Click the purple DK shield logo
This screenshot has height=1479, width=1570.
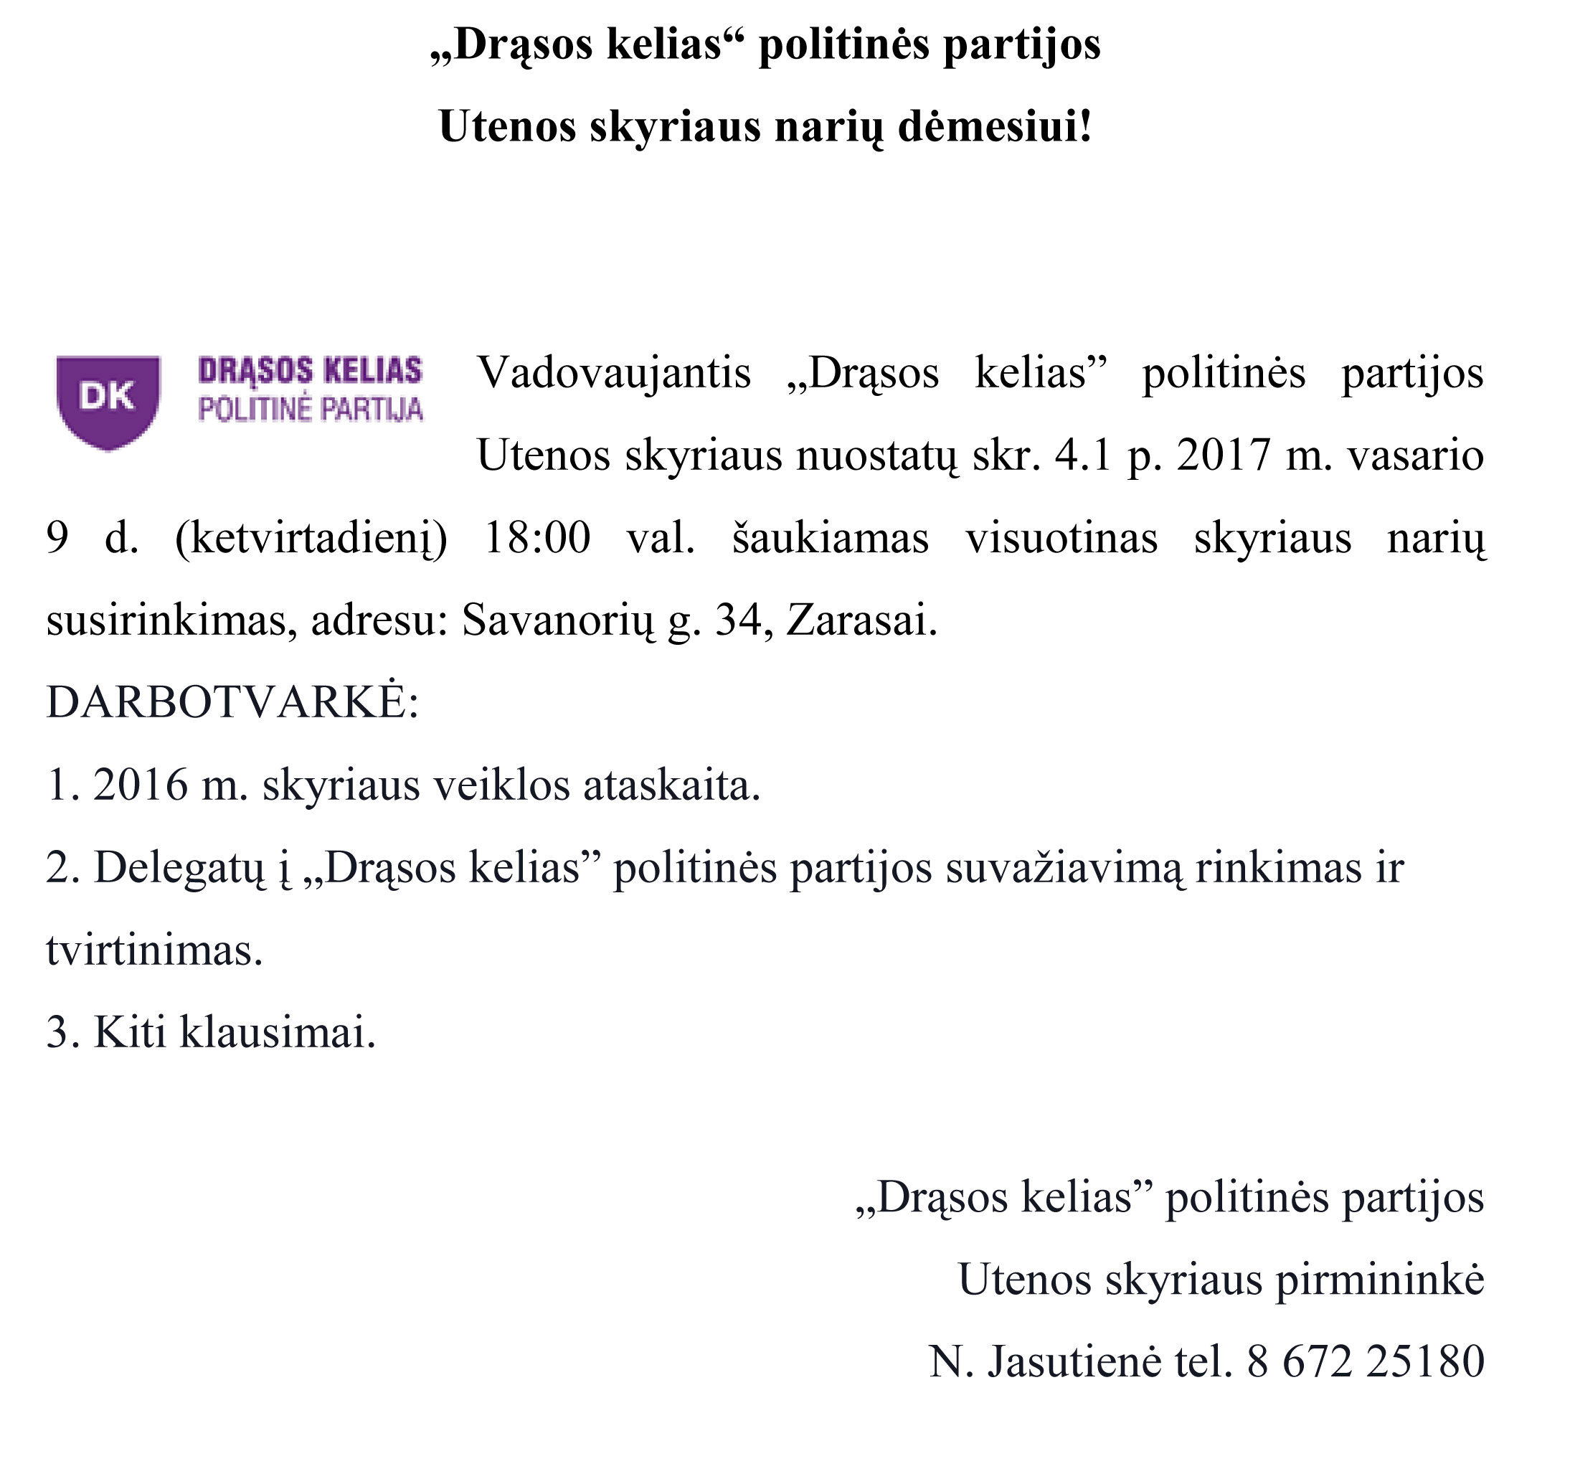point(108,401)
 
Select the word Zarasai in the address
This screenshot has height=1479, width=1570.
point(861,620)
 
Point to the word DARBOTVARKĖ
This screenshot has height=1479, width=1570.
point(226,701)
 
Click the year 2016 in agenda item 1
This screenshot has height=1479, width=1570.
point(141,785)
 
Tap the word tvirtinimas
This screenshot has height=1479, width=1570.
point(153,950)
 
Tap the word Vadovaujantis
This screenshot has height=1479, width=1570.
point(614,373)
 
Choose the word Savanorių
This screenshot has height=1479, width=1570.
point(558,620)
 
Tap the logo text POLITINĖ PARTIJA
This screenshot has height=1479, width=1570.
point(311,410)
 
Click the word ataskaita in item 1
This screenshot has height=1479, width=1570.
point(671,785)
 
